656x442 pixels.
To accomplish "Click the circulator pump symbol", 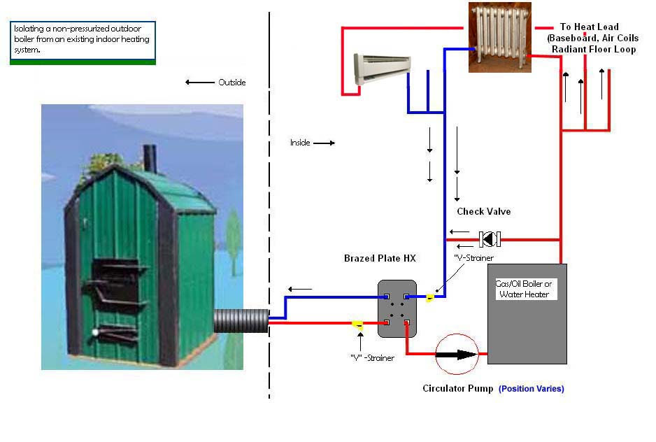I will pyautogui.click(x=457, y=355).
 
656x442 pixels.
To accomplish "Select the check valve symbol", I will pyautogui.click(x=490, y=240).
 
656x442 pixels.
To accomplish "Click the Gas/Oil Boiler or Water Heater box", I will pyautogui.click(x=527, y=313).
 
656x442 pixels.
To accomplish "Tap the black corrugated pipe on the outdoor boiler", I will pyautogui.click(x=241, y=322).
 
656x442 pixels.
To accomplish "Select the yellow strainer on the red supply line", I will pyautogui.click(x=357, y=324).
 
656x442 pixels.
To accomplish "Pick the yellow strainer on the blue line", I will pyautogui.click(x=431, y=298).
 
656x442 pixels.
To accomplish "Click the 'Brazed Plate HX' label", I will pyautogui.click(x=380, y=259).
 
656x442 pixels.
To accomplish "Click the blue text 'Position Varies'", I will pyautogui.click(x=532, y=389).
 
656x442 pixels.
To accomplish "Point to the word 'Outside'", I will pyautogui.click(x=232, y=83).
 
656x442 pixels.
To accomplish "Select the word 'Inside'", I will pyautogui.click(x=300, y=143).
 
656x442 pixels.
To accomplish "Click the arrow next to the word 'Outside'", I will pyautogui.click(x=200, y=83).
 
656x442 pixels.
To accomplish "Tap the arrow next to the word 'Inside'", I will pyautogui.click(x=324, y=143).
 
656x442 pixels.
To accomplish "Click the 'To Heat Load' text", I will pyautogui.click(x=590, y=27).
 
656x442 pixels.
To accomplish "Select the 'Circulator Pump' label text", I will pyautogui.click(x=457, y=389).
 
